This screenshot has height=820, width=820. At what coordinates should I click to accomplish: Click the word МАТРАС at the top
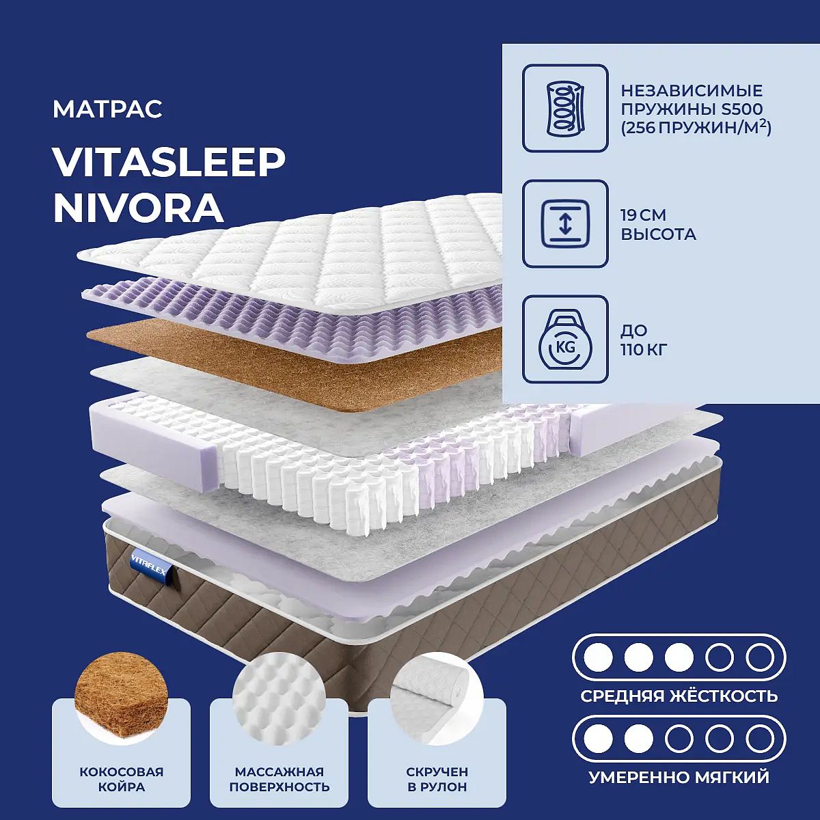[x=107, y=109]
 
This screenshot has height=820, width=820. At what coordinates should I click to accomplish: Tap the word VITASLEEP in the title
[x=169, y=164]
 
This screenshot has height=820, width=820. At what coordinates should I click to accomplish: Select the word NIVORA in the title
[x=138, y=208]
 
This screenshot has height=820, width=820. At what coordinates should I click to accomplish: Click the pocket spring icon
[x=565, y=108]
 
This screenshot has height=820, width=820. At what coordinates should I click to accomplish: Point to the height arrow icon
[x=565, y=224]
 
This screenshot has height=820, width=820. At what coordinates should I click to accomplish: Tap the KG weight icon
[x=565, y=339]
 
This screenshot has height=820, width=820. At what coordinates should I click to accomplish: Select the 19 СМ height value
[x=644, y=215]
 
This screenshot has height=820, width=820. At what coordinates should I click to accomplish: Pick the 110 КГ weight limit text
[x=644, y=350]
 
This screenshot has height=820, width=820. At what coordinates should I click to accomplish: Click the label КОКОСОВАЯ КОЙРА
[x=121, y=779]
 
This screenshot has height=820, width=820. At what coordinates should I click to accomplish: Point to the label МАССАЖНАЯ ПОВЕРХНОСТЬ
[x=279, y=779]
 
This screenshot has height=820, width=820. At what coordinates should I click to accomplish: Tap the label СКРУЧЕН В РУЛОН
[x=437, y=779]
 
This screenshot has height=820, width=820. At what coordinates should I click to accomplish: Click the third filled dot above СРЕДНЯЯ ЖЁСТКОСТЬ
[x=679, y=658]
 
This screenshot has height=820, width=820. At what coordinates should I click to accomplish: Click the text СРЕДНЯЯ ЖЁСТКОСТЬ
[x=679, y=696]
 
